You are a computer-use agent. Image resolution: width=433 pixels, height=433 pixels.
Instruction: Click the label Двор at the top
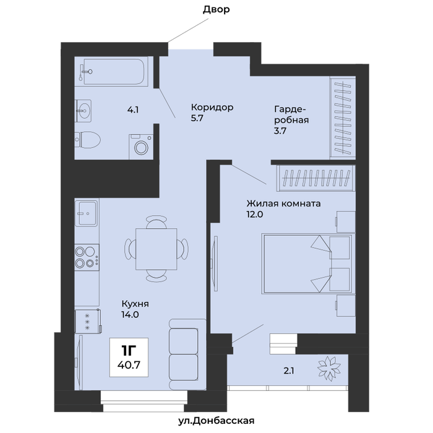pos(216,9)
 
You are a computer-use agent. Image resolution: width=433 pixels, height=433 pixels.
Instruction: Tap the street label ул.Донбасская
pos(216,421)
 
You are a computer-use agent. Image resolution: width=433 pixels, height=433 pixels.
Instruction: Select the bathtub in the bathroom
pos(113,71)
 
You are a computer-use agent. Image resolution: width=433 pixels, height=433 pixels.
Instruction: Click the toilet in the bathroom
pos(88,140)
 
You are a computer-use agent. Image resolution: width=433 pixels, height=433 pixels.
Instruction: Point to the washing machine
pos(141,147)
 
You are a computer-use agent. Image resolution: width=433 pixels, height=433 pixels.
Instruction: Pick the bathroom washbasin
pos(84,111)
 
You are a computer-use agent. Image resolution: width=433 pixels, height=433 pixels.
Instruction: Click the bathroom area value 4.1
pos(133,110)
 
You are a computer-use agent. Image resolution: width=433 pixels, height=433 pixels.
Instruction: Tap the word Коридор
pos(212,107)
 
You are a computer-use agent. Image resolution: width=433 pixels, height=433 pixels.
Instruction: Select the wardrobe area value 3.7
pos(280,131)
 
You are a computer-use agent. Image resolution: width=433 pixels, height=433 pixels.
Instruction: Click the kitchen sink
pos(87,213)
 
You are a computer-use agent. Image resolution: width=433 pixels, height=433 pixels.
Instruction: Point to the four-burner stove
pos(87,257)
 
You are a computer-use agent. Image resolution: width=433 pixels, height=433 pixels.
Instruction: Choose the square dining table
pos(156,249)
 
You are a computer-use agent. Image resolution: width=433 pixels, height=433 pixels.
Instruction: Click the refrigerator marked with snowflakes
pos(88,322)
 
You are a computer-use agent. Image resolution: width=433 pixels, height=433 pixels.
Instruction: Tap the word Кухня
pos(135,304)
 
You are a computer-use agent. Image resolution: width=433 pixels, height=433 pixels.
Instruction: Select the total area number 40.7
pos(129,365)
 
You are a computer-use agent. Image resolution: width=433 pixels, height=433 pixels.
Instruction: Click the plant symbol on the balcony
pos(329,369)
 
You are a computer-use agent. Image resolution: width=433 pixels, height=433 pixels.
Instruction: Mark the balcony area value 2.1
pos(289,371)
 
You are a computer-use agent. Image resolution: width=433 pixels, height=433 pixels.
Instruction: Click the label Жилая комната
pos(283,204)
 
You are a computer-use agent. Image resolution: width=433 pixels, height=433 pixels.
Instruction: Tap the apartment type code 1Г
pos(129,351)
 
